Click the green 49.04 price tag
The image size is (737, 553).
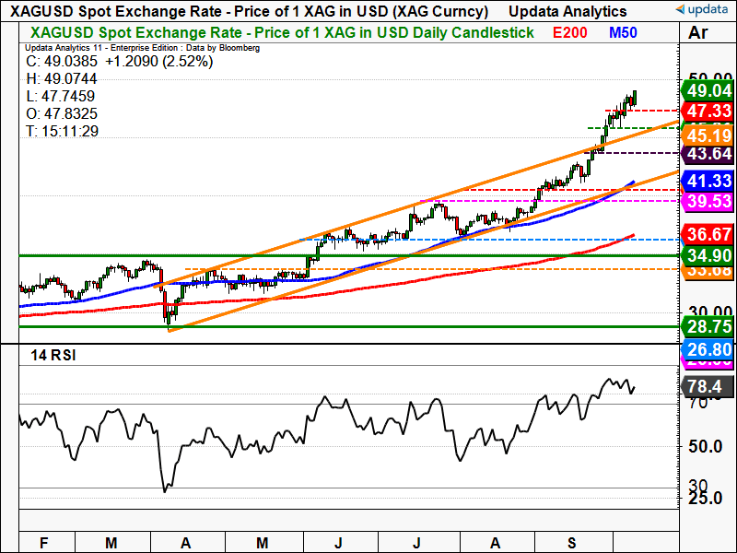click(707, 90)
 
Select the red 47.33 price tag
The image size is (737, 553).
click(707, 112)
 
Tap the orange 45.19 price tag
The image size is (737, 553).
click(707, 134)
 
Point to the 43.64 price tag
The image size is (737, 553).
click(707, 153)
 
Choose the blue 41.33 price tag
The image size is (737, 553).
click(707, 181)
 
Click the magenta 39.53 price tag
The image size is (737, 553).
click(707, 201)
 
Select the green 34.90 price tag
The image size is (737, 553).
click(707, 254)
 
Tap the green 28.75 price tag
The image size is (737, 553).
click(707, 327)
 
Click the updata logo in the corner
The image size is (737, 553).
click(702, 11)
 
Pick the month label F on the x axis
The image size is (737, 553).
click(43, 543)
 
